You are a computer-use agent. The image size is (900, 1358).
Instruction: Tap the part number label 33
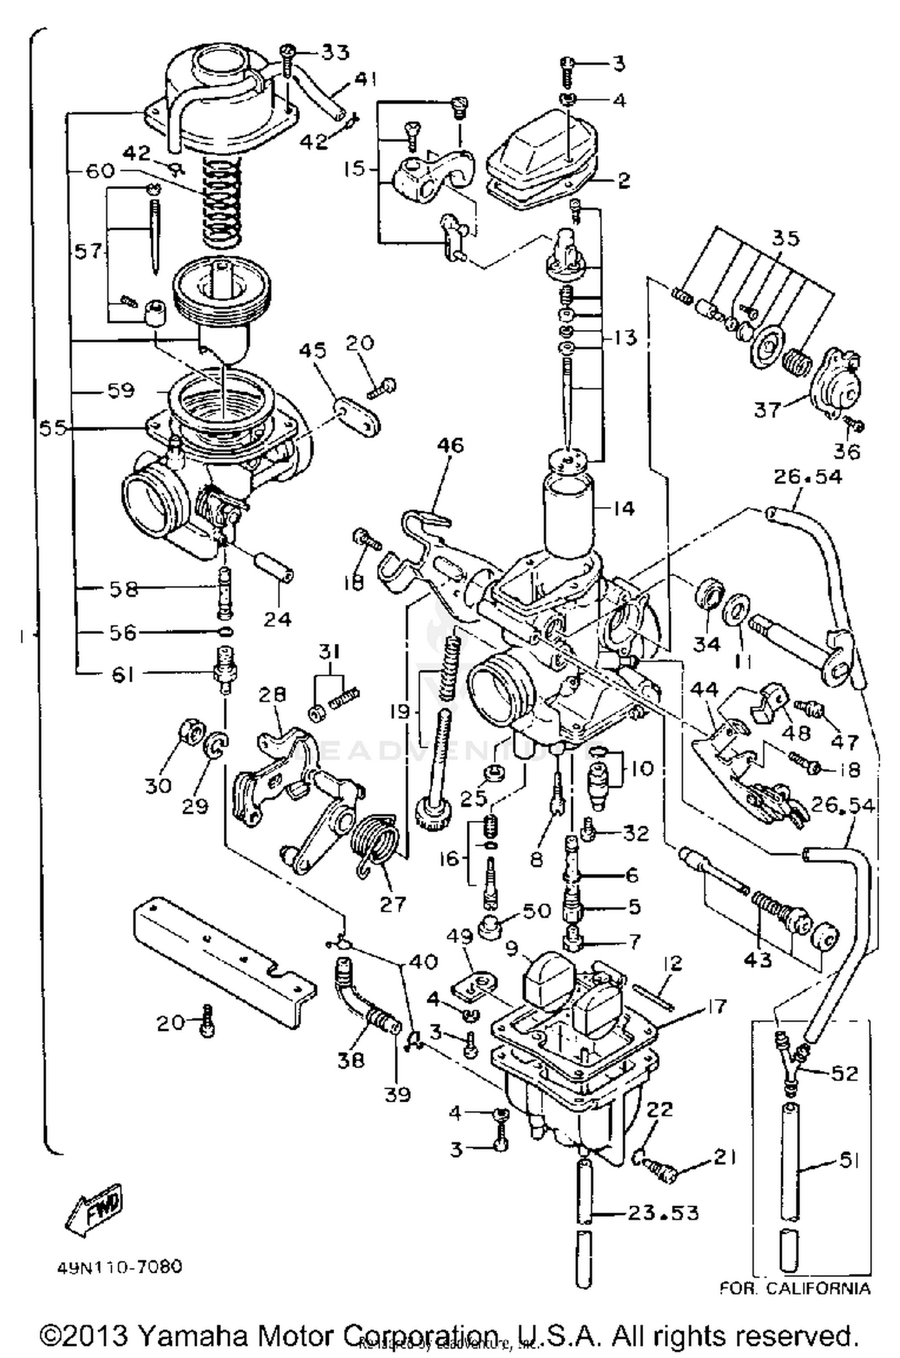[x=334, y=53]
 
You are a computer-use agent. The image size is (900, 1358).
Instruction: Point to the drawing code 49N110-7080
[x=119, y=1267]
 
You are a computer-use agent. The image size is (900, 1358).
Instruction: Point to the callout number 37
[x=766, y=410]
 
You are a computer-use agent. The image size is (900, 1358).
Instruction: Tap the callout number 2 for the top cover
[x=624, y=180]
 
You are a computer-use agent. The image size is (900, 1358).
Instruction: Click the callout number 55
[x=53, y=428]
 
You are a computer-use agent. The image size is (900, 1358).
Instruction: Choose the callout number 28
[x=272, y=695]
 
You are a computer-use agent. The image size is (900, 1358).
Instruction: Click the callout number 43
[x=758, y=960]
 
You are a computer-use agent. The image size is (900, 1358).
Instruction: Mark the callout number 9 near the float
[x=511, y=948]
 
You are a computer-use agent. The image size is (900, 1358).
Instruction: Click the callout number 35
[x=785, y=238]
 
